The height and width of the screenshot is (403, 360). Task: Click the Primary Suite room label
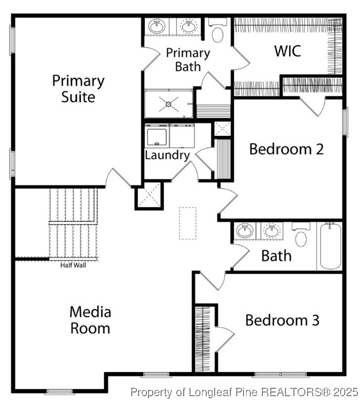click(x=78, y=89)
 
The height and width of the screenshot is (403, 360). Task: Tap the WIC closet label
click(x=288, y=51)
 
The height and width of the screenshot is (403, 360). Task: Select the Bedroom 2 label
click(x=286, y=149)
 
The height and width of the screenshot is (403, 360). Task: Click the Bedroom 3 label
click(x=282, y=320)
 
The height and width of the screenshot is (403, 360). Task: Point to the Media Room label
click(x=90, y=320)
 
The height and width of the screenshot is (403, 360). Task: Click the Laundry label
click(x=167, y=155)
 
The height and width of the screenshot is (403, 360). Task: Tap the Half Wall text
click(x=73, y=265)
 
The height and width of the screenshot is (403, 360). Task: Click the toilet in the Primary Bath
click(x=217, y=33)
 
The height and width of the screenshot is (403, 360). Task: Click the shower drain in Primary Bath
click(x=168, y=104)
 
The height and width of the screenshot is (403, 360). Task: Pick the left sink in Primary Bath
click(x=156, y=26)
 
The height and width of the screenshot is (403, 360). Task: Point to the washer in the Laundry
click(x=156, y=137)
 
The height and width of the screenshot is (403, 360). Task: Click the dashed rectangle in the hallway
click(x=187, y=223)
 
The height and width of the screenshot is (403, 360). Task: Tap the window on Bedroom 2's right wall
click(x=345, y=122)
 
